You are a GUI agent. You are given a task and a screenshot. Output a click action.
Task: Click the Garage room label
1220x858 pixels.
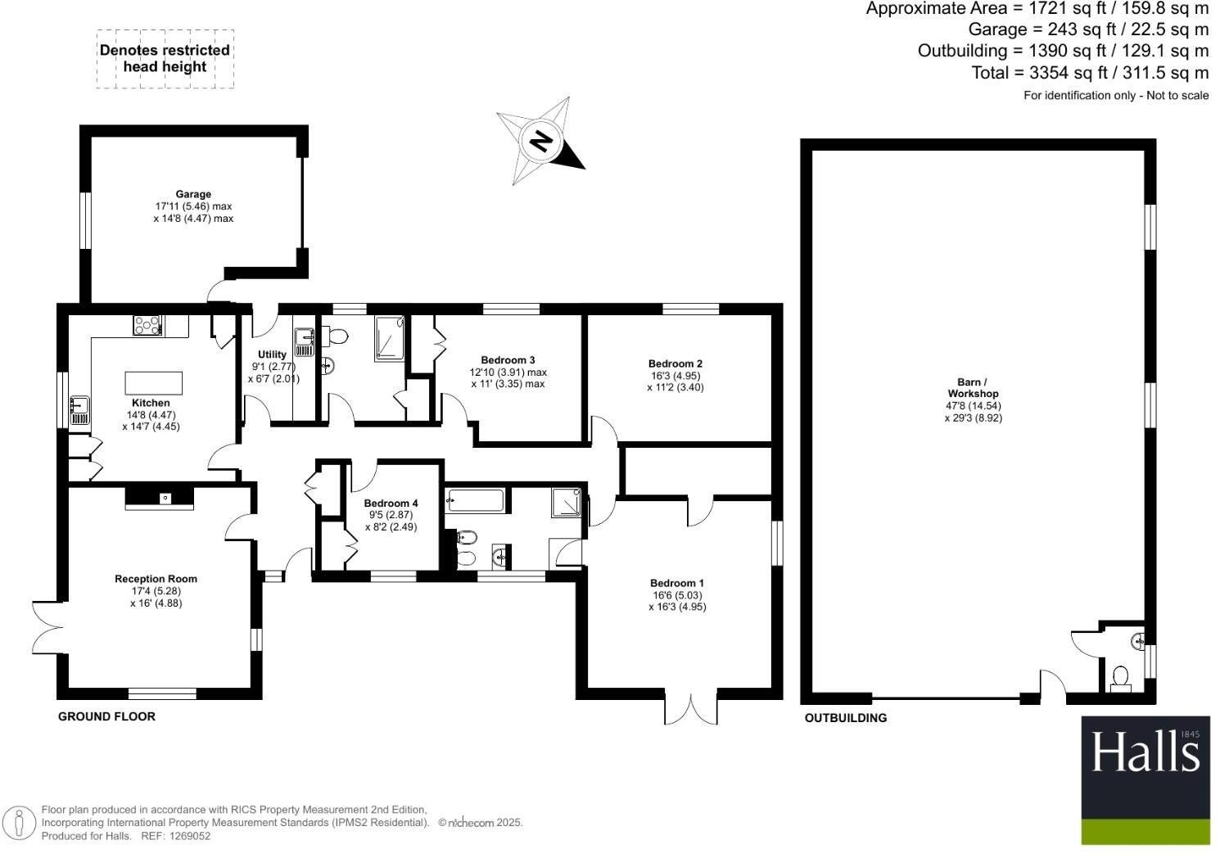193,195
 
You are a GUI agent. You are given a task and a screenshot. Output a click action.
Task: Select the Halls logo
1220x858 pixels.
1145,780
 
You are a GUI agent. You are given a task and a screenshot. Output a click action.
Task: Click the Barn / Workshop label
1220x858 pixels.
973,387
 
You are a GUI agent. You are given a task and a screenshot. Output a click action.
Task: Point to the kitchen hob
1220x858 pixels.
147,325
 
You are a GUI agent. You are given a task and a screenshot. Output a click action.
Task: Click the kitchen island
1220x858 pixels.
153,382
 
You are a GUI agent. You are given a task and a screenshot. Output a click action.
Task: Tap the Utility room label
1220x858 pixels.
273,354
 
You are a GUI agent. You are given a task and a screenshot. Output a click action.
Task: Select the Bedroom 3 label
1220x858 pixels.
508,360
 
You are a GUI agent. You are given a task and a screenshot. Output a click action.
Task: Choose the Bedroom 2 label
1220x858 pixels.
676,364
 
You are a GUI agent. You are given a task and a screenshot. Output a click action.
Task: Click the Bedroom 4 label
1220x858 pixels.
391,504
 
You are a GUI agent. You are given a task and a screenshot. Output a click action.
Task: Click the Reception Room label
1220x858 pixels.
156,579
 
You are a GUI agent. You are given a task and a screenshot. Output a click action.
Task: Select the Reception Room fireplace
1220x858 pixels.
160,497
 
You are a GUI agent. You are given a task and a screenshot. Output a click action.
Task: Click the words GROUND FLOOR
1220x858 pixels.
106,716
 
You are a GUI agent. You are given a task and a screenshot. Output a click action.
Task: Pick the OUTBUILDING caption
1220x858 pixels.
846,718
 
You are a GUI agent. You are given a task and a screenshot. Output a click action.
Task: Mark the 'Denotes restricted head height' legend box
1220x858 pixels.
165,58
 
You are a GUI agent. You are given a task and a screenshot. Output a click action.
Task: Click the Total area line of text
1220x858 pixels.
1090,73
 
